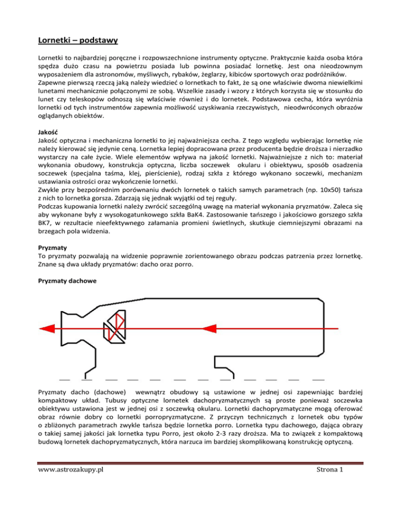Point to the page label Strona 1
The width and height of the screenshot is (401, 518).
(x=341, y=498)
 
